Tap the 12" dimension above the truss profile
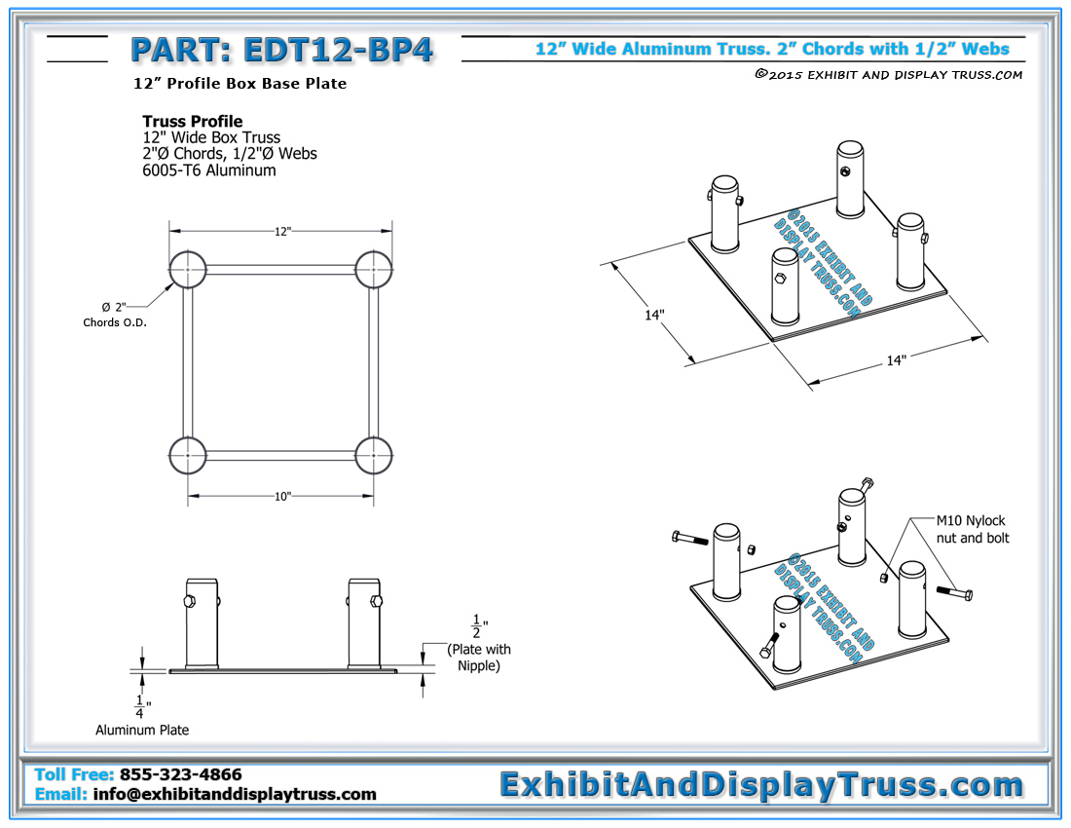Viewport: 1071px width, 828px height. click(282, 231)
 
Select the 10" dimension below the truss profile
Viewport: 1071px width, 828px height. click(282, 496)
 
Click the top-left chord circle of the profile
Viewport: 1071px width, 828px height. click(188, 270)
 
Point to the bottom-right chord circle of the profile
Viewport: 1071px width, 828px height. click(374, 454)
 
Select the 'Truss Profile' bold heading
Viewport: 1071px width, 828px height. click(192, 122)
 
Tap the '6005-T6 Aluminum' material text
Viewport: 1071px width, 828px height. click(208, 170)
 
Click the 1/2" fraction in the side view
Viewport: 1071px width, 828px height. click(477, 626)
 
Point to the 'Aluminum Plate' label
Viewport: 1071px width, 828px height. click(142, 730)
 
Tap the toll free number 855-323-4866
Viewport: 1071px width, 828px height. click(180, 775)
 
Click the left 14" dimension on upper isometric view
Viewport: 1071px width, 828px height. click(654, 316)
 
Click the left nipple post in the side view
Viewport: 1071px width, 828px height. click(202, 622)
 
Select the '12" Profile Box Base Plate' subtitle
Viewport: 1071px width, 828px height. click(240, 84)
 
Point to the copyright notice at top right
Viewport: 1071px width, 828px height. click(888, 75)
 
